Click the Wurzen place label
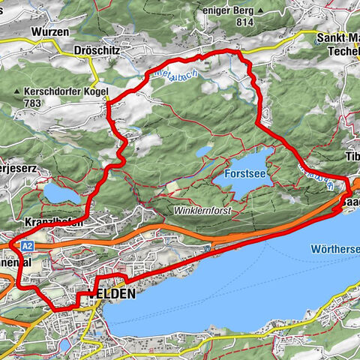[x=51, y=33]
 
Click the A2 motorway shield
[x=27, y=245]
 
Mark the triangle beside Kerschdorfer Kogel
[x=16, y=92]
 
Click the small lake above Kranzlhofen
[x=58, y=193]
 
